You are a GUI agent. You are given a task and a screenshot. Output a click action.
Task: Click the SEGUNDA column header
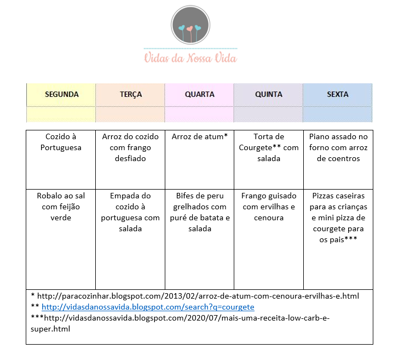(61, 94)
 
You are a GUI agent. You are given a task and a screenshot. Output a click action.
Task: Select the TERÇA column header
(131, 94)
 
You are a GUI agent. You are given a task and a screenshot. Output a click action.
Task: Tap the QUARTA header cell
(200, 94)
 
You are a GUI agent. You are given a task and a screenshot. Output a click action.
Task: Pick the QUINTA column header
(269, 94)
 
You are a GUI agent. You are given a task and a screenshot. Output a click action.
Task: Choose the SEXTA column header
(338, 94)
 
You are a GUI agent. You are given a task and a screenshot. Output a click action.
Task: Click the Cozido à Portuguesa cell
(61, 142)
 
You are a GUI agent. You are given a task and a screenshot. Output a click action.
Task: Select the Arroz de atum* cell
(200, 136)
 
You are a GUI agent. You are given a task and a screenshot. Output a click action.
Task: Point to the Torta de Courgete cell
(269, 147)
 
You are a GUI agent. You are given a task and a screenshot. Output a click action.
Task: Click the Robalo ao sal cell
(61, 207)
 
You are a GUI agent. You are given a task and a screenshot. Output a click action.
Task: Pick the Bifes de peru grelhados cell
(200, 212)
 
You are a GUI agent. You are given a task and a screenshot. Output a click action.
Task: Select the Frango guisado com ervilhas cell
(269, 207)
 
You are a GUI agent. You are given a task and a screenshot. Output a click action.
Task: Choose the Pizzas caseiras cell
(338, 218)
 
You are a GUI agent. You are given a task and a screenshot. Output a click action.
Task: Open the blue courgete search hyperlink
(148, 307)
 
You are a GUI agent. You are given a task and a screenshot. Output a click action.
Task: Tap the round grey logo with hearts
(190, 25)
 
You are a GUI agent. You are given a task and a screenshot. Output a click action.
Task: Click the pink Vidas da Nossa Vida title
(190, 57)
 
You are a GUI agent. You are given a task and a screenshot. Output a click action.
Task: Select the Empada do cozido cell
(130, 212)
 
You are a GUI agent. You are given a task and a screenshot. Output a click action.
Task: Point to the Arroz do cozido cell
(130, 147)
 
